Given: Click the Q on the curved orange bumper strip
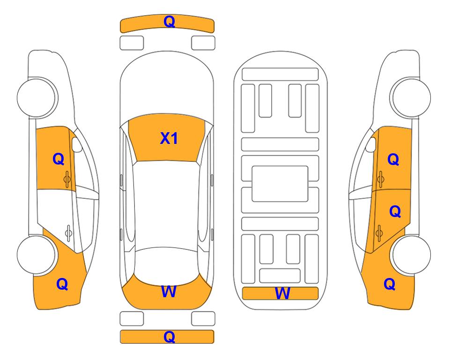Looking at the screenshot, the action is click(x=169, y=22).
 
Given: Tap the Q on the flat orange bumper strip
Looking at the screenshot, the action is click(x=169, y=337).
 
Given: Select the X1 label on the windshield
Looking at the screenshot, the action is click(x=169, y=138).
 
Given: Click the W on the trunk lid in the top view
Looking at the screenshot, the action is click(x=169, y=291).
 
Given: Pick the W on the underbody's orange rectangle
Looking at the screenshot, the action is click(x=282, y=293).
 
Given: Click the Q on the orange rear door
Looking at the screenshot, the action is click(x=395, y=212).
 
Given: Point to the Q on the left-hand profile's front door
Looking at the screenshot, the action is click(x=59, y=159).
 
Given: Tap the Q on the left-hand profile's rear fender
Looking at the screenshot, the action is click(x=62, y=284).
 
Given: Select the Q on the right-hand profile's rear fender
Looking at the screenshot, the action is click(x=390, y=284).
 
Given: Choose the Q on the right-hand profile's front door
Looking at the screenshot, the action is click(x=393, y=159).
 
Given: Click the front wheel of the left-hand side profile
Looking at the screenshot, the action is click(x=37, y=97).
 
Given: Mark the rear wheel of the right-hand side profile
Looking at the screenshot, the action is click(x=412, y=255).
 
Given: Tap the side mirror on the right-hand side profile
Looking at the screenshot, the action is click(x=371, y=144).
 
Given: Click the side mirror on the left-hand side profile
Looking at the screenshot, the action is click(x=77, y=144).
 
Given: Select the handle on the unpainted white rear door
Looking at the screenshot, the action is click(x=68, y=233).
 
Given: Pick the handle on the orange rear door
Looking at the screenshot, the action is click(x=379, y=233).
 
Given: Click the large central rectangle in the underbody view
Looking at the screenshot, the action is click(x=280, y=184).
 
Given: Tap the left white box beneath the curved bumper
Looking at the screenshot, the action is click(x=132, y=43).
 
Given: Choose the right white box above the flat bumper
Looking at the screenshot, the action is click(x=203, y=319).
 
